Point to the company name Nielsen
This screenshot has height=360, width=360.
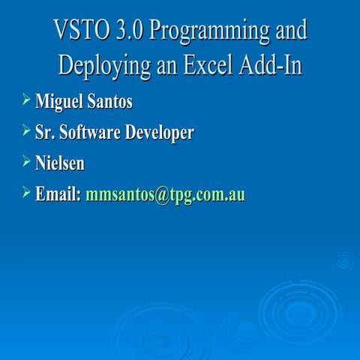point(60,163)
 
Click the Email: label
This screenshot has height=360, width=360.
point(58,195)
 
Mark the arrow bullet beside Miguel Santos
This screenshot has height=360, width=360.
point(26,99)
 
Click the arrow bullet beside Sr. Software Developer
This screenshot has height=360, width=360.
point(26,130)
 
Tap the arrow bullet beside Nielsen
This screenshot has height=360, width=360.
point(26,161)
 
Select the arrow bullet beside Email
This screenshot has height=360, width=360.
point(26,193)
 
